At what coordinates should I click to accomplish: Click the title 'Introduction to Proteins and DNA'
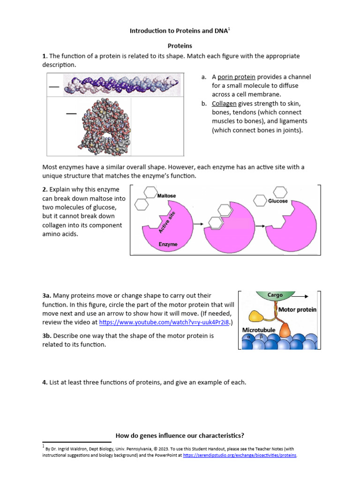click(x=179, y=31)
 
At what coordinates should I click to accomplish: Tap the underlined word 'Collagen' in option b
click(x=224, y=104)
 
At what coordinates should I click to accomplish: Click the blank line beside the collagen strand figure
click(x=54, y=87)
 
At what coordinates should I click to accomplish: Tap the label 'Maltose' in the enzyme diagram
click(x=167, y=195)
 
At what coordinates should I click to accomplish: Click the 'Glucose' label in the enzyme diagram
click(x=277, y=201)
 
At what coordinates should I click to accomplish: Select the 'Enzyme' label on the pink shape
click(x=168, y=244)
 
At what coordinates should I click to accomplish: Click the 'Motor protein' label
click(x=297, y=310)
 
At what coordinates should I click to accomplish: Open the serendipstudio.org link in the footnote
click(x=240, y=455)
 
